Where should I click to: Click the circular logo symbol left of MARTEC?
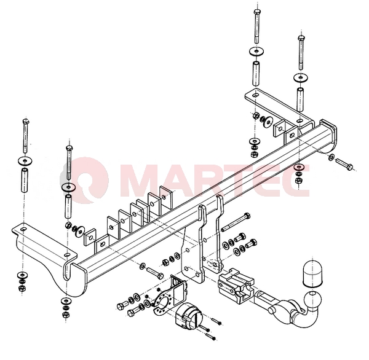(88, 179)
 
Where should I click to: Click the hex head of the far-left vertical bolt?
(26, 122)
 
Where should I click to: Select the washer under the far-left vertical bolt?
(25, 161)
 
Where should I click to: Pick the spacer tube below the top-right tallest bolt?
(256, 73)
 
